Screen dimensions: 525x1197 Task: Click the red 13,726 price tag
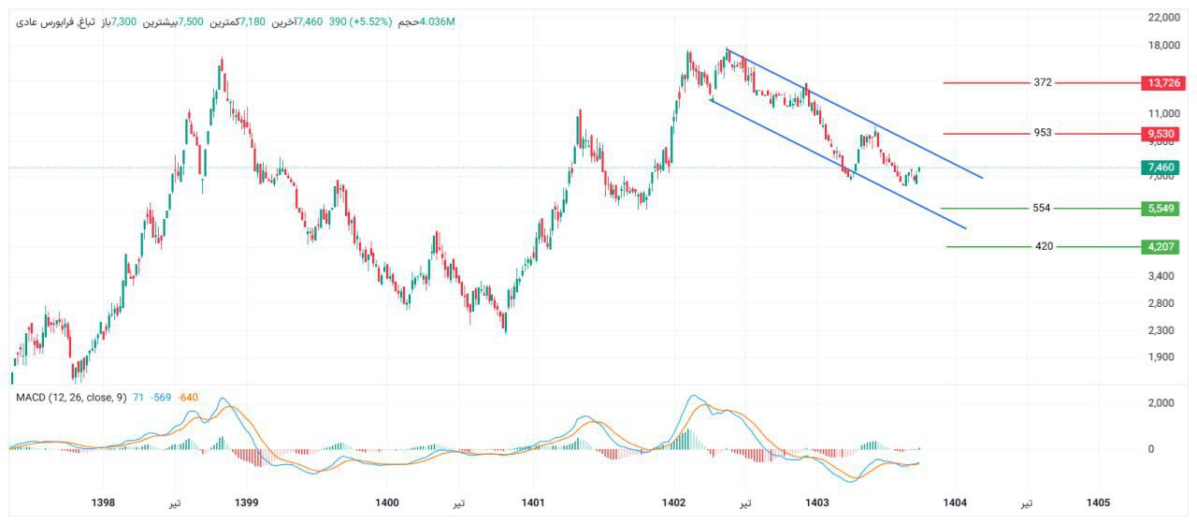1164,82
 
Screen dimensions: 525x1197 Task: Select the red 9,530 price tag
1164,134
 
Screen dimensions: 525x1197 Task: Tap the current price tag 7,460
1164,168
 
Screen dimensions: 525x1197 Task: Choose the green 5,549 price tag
1164,208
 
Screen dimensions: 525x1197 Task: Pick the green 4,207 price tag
1164,247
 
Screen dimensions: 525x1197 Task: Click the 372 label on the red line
1043,82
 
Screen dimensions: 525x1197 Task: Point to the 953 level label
1043,133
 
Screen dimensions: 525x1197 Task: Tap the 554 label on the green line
1042,208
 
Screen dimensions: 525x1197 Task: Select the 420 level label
1044,246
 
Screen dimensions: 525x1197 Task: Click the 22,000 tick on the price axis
1164,17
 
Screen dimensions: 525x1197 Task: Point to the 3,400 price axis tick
1164,276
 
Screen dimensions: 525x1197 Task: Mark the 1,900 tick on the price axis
1164,357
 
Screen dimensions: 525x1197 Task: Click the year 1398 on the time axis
104,503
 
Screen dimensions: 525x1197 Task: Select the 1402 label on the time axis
674,503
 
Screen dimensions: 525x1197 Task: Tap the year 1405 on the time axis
1098,503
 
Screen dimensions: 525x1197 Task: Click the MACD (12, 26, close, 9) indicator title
71,398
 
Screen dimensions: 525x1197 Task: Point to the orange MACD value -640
188,398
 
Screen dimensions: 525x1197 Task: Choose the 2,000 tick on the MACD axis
1164,402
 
